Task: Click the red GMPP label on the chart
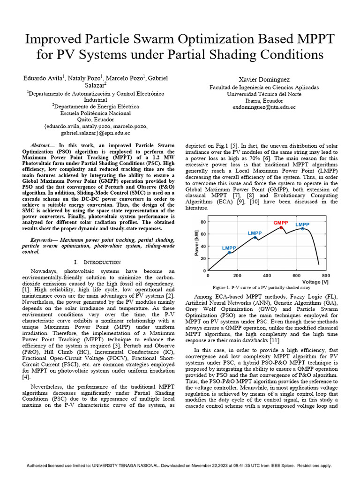click(281, 223)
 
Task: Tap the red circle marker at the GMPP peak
click(281, 227)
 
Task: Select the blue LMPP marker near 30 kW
click(229, 253)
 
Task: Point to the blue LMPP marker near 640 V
click(302, 229)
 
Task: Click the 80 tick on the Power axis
click(203, 221)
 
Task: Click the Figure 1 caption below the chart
click(261, 287)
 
